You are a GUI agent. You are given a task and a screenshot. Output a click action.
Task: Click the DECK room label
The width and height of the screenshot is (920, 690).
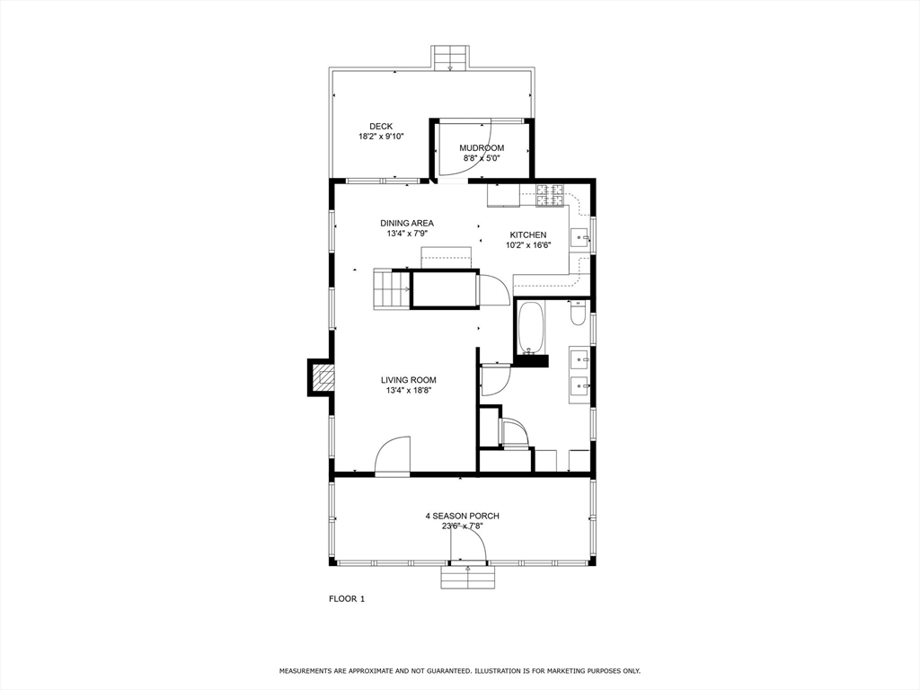pyautogui.click(x=381, y=127)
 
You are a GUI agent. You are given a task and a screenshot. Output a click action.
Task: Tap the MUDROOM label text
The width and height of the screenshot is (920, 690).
pyautogui.click(x=482, y=147)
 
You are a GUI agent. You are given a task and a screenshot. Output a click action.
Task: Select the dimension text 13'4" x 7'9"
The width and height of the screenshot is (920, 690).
pyautogui.click(x=406, y=234)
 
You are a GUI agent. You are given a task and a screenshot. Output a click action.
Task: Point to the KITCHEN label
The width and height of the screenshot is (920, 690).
pyautogui.click(x=527, y=234)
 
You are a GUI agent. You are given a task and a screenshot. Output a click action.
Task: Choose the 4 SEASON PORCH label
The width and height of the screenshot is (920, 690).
pyautogui.click(x=462, y=516)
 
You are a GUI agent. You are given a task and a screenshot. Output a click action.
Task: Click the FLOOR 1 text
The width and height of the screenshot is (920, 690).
pyautogui.click(x=347, y=598)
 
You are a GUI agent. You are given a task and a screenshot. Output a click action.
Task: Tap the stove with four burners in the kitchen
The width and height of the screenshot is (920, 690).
pyautogui.click(x=550, y=195)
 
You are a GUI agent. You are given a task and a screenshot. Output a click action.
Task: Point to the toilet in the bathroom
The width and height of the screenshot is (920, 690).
pyautogui.click(x=578, y=313)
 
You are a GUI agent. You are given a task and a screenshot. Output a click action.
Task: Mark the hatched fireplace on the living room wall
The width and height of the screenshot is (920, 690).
pyautogui.click(x=320, y=377)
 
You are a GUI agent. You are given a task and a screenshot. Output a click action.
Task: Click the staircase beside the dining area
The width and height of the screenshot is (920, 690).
pyautogui.click(x=391, y=289)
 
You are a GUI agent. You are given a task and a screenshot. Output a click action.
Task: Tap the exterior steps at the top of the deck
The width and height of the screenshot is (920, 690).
pyautogui.click(x=450, y=57)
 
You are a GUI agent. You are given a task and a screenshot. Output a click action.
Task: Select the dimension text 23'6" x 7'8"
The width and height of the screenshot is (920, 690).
pyautogui.click(x=462, y=527)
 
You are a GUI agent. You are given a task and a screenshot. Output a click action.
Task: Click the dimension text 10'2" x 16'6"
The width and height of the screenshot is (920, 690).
pyautogui.click(x=527, y=245)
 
